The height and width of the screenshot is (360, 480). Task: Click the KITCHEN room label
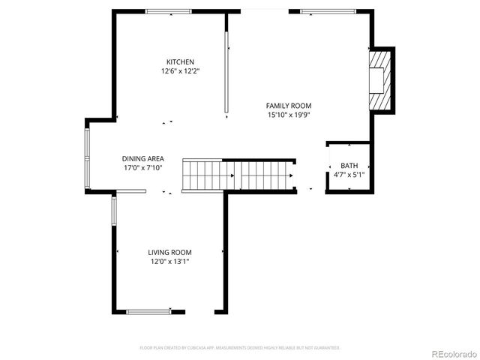[x=180, y=61]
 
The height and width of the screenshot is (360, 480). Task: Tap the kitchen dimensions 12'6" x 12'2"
[x=180, y=71]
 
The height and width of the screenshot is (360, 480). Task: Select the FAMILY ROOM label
[x=289, y=106]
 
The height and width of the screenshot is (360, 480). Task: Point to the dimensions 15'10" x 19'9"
[x=289, y=115]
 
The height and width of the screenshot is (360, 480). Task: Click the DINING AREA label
[x=142, y=158]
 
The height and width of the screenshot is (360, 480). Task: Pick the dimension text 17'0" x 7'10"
[x=142, y=168]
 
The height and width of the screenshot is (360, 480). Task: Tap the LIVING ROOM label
[x=169, y=252]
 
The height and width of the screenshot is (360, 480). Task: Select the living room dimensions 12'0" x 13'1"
[x=169, y=262]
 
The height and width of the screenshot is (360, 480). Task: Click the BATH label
[x=349, y=166]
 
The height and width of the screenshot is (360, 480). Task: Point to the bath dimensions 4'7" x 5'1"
[x=349, y=175]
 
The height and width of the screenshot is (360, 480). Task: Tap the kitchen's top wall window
[x=168, y=11]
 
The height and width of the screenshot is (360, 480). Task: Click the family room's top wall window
[x=328, y=11]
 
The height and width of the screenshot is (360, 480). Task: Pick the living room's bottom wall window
[x=148, y=311]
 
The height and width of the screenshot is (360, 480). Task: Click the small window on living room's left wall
[x=114, y=211]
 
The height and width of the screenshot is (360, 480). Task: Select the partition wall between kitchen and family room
[x=226, y=73]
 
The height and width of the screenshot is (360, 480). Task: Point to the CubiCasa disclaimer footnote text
[x=240, y=348]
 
